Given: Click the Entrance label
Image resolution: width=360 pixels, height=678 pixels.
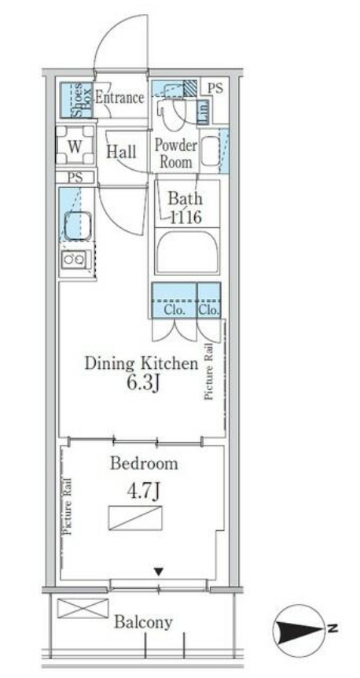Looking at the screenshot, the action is (x=119, y=98).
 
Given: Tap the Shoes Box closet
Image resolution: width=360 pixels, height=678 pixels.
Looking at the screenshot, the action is (x=76, y=100).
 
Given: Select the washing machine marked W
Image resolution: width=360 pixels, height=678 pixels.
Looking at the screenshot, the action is (x=75, y=146).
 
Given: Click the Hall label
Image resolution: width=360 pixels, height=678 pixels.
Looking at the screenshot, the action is (x=121, y=151).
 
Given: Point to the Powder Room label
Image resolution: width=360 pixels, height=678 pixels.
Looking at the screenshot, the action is (x=176, y=153).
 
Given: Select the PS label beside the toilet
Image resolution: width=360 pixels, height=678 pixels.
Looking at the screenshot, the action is (x=215, y=88).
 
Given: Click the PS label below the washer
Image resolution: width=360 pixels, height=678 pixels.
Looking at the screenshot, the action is (x=75, y=177).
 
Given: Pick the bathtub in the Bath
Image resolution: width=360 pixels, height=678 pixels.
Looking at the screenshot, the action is (x=187, y=252).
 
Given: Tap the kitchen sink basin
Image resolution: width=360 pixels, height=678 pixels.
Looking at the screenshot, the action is (x=78, y=226).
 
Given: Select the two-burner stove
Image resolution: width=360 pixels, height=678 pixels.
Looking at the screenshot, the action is (x=75, y=260).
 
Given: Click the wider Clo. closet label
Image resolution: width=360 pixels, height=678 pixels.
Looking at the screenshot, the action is (x=174, y=310).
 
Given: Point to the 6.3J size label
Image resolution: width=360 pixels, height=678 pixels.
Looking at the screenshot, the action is (x=141, y=383).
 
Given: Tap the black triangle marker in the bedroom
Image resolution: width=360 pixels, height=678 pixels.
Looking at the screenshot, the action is (x=159, y=572).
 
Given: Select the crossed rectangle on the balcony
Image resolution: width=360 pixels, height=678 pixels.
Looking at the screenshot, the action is (x=83, y=608).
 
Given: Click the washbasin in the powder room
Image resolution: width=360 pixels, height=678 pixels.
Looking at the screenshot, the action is (x=210, y=151).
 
